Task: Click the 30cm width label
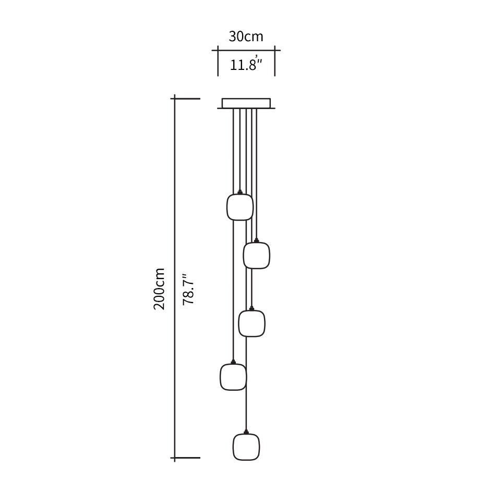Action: tap(246, 37)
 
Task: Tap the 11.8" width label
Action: tap(246, 64)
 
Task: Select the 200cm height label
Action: tap(159, 289)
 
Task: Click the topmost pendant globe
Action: tap(239, 207)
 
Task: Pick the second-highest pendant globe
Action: tap(257, 256)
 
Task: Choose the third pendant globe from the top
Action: tap(251, 323)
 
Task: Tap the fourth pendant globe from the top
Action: tap(233, 377)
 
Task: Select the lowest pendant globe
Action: tap(246, 447)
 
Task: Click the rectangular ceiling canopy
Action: tap(246, 103)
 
